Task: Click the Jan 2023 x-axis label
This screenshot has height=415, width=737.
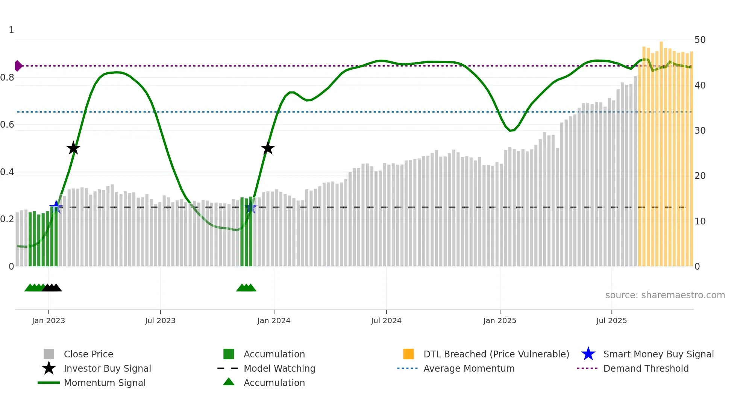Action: [x=49, y=320]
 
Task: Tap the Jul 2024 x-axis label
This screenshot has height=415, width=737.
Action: [x=386, y=320]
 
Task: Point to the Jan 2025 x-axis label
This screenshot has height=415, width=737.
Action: [x=500, y=320]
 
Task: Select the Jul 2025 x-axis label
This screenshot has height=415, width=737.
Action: [x=611, y=320]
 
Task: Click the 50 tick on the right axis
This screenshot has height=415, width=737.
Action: [x=700, y=40]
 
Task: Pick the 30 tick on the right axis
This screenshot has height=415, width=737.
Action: [x=700, y=131]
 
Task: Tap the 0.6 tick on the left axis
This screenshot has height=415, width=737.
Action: [x=7, y=125]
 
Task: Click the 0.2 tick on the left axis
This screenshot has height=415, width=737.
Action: [x=7, y=219]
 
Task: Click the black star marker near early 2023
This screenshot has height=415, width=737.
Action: [x=73, y=148]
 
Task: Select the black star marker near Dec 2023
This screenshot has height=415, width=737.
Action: [x=268, y=148]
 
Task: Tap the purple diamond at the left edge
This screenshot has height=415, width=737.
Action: [x=18, y=66]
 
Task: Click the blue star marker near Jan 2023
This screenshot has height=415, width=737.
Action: [x=56, y=207]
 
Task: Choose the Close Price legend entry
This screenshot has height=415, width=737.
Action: [x=88, y=354]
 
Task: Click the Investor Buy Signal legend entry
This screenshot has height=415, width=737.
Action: [x=107, y=368]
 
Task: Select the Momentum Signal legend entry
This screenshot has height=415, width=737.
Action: [x=105, y=383]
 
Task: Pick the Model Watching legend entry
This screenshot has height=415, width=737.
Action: [x=279, y=368]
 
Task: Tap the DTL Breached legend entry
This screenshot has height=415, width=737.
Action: [x=496, y=354]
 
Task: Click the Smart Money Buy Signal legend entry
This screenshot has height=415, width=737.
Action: [x=658, y=354]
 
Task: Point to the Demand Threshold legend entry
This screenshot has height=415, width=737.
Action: [x=646, y=368]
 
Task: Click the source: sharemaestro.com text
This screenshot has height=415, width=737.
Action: [x=665, y=295]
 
